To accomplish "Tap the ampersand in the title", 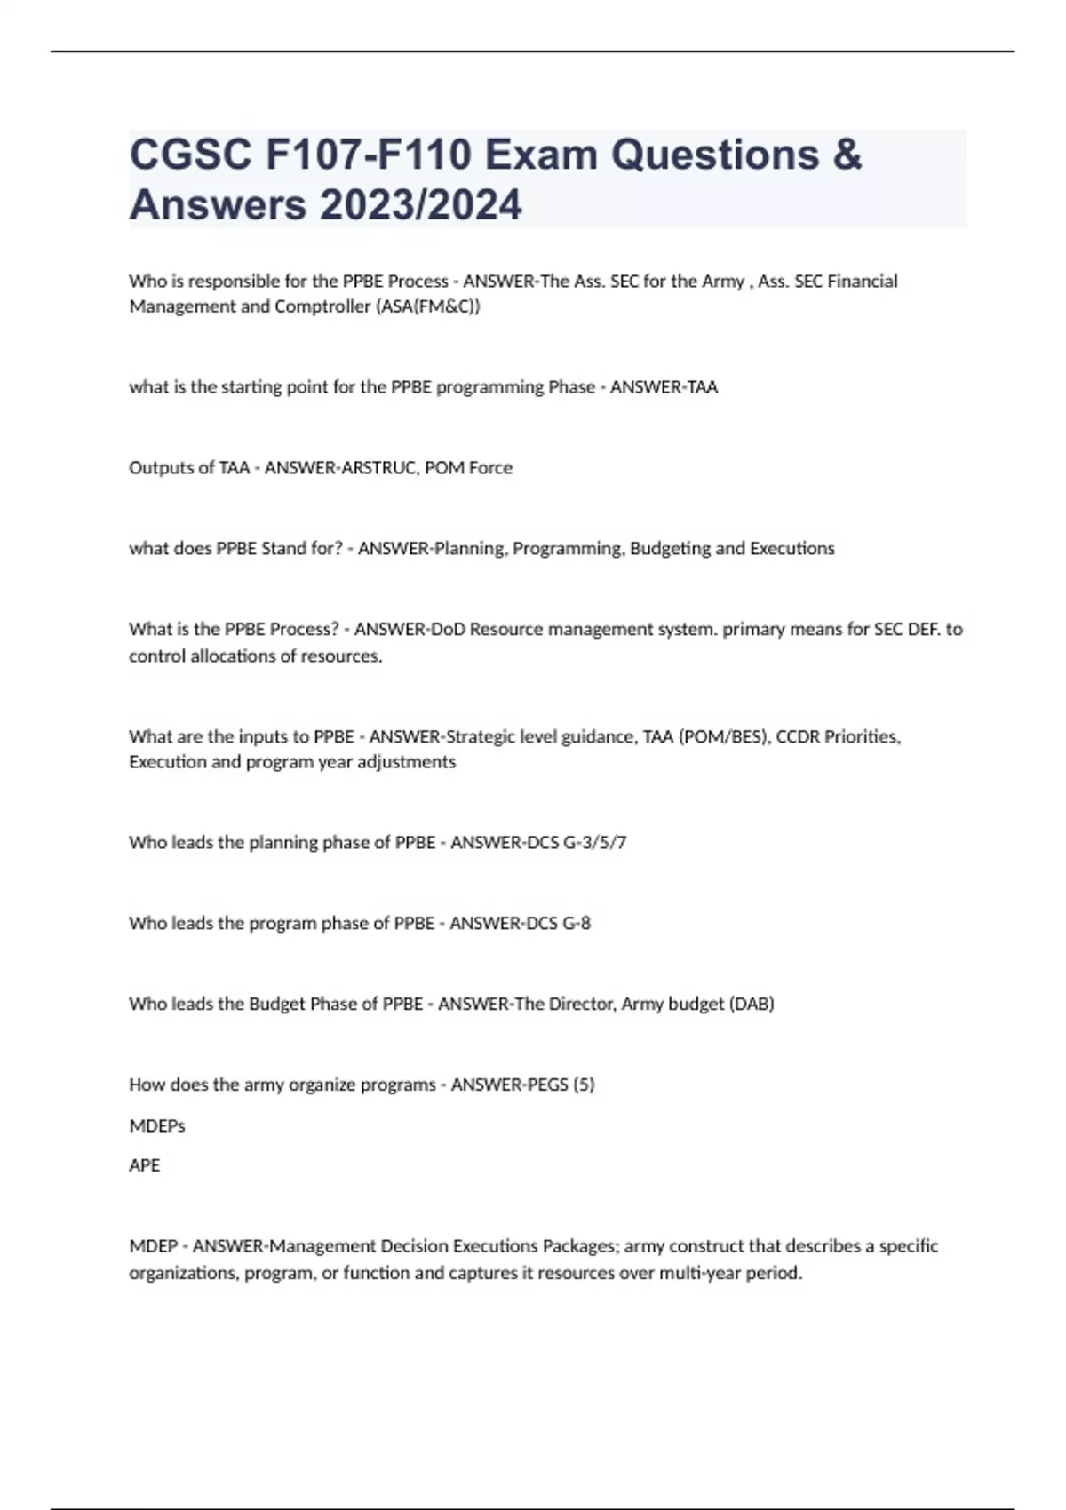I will click(x=847, y=155).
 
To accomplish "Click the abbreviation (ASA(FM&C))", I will click(x=428, y=306).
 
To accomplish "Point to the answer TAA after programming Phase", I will click(x=703, y=387).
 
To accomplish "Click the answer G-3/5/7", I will click(x=595, y=842).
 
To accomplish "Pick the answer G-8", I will click(x=577, y=923).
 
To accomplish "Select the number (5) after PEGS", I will click(x=584, y=1085).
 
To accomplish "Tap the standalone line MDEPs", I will click(x=156, y=1125).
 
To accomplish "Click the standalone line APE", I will click(x=144, y=1165).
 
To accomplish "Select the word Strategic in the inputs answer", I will click(x=481, y=736).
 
